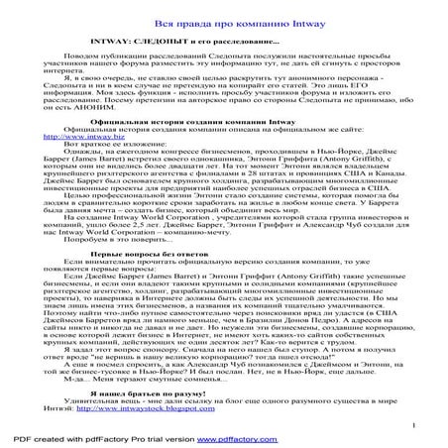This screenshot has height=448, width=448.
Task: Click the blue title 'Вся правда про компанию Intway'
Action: (224, 22)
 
